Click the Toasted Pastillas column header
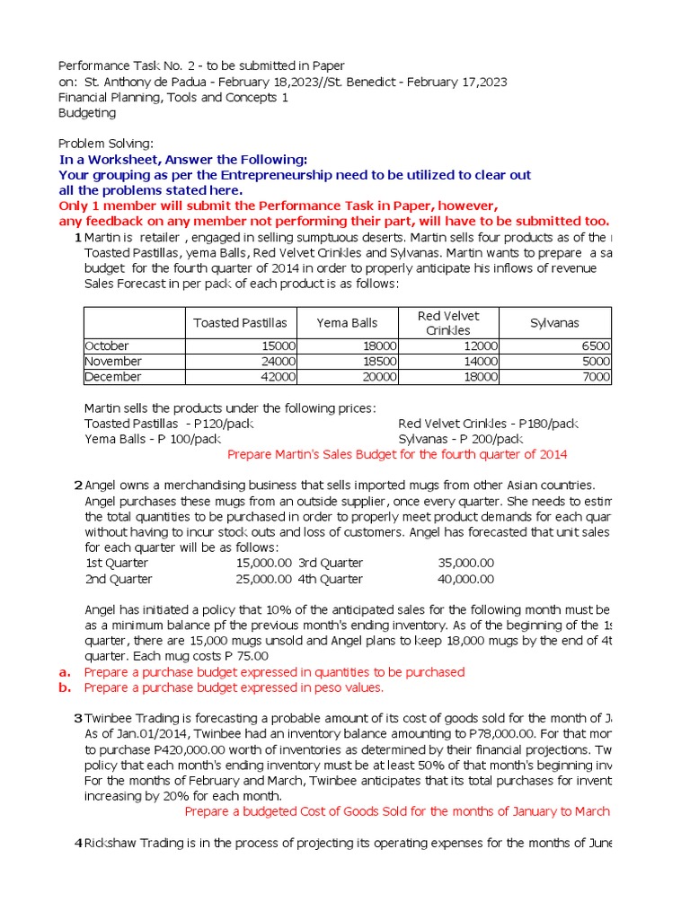tap(240, 323)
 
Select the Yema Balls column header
tap(347, 323)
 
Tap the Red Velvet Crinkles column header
tap(448, 323)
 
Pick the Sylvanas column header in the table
tap(555, 323)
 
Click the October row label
tap(107, 346)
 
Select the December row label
tap(112, 377)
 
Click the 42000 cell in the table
tap(278, 377)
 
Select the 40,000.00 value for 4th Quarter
tap(465, 580)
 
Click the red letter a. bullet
tap(64, 672)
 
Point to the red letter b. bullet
tap(64, 688)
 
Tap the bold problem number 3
tap(78, 718)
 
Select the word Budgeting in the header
tap(87, 113)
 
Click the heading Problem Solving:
tap(106, 144)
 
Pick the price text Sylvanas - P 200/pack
tap(460, 439)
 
